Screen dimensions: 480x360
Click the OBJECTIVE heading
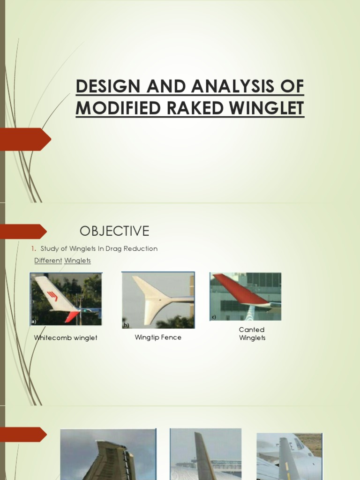(114, 231)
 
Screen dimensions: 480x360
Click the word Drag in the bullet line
(112, 248)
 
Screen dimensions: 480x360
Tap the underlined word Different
(48, 260)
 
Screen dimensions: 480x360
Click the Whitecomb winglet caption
(66, 337)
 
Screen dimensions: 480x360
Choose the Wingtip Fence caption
(158, 337)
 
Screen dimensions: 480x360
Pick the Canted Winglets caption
(252, 334)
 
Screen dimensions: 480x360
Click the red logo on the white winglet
(52, 296)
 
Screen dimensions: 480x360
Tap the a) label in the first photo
(34, 322)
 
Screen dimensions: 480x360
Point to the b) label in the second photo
(125, 324)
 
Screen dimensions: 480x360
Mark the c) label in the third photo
(213, 317)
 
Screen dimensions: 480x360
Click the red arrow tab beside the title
(25, 139)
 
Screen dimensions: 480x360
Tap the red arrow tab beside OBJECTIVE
(23, 231)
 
